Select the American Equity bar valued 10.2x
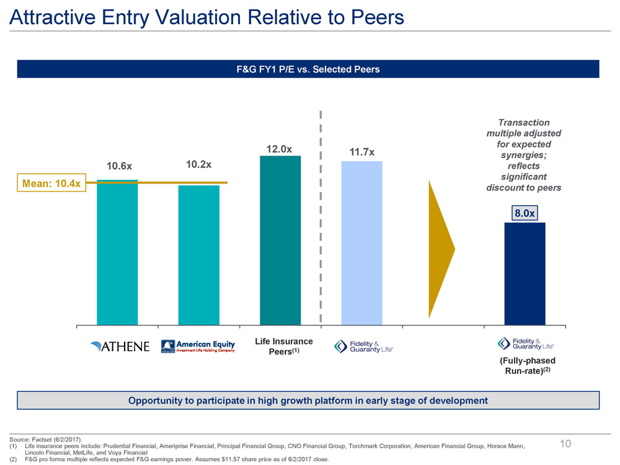coord(198,255)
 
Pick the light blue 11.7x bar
coord(361,243)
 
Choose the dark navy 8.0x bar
coord(525,273)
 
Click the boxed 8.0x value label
coord(525,213)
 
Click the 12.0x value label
coord(279,149)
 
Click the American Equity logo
coord(198,346)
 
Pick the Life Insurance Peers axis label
coord(284,347)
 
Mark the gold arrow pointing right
coord(441,249)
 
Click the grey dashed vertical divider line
coord(321,217)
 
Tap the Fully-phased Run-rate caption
coord(528,366)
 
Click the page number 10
coord(565,443)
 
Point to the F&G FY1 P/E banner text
coord(308,69)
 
